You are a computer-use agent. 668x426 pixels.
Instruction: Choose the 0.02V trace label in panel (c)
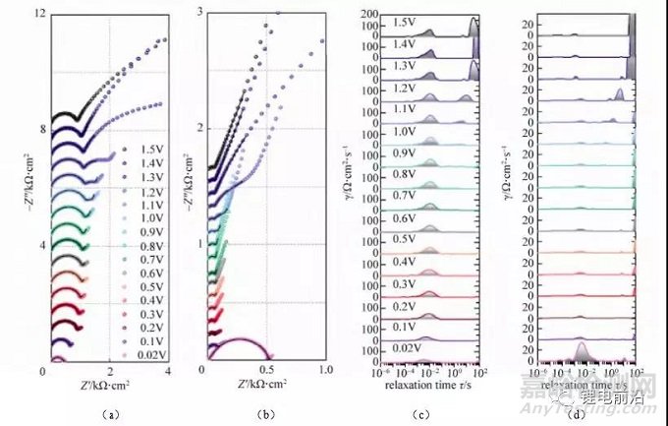405,347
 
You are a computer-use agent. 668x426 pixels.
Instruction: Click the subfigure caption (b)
265,415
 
